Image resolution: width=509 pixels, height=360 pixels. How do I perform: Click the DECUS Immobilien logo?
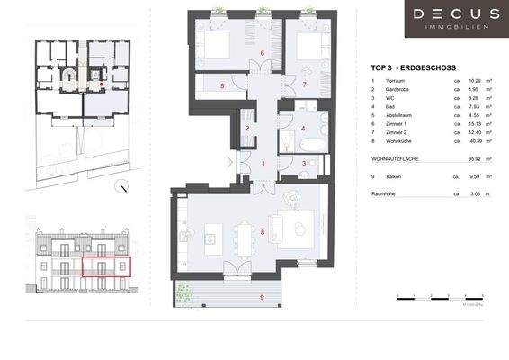(x=457, y=19)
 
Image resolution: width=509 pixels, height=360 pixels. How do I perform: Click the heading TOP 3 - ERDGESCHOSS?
(x=413, y=67)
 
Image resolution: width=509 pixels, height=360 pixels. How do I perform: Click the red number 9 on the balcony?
(x=262, y=296)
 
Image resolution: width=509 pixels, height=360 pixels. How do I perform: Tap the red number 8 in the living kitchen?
(x=262, y=233)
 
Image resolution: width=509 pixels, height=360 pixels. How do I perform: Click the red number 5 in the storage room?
(x=221, y=85)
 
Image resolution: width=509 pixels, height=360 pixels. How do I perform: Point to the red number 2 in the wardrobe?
(x=247, y=129)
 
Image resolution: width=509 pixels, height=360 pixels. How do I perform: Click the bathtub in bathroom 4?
(x=290, y=141)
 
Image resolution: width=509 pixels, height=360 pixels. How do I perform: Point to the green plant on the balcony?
(x=183, y=291)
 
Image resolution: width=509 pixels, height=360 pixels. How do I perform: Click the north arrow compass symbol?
(x=122, y=187)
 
